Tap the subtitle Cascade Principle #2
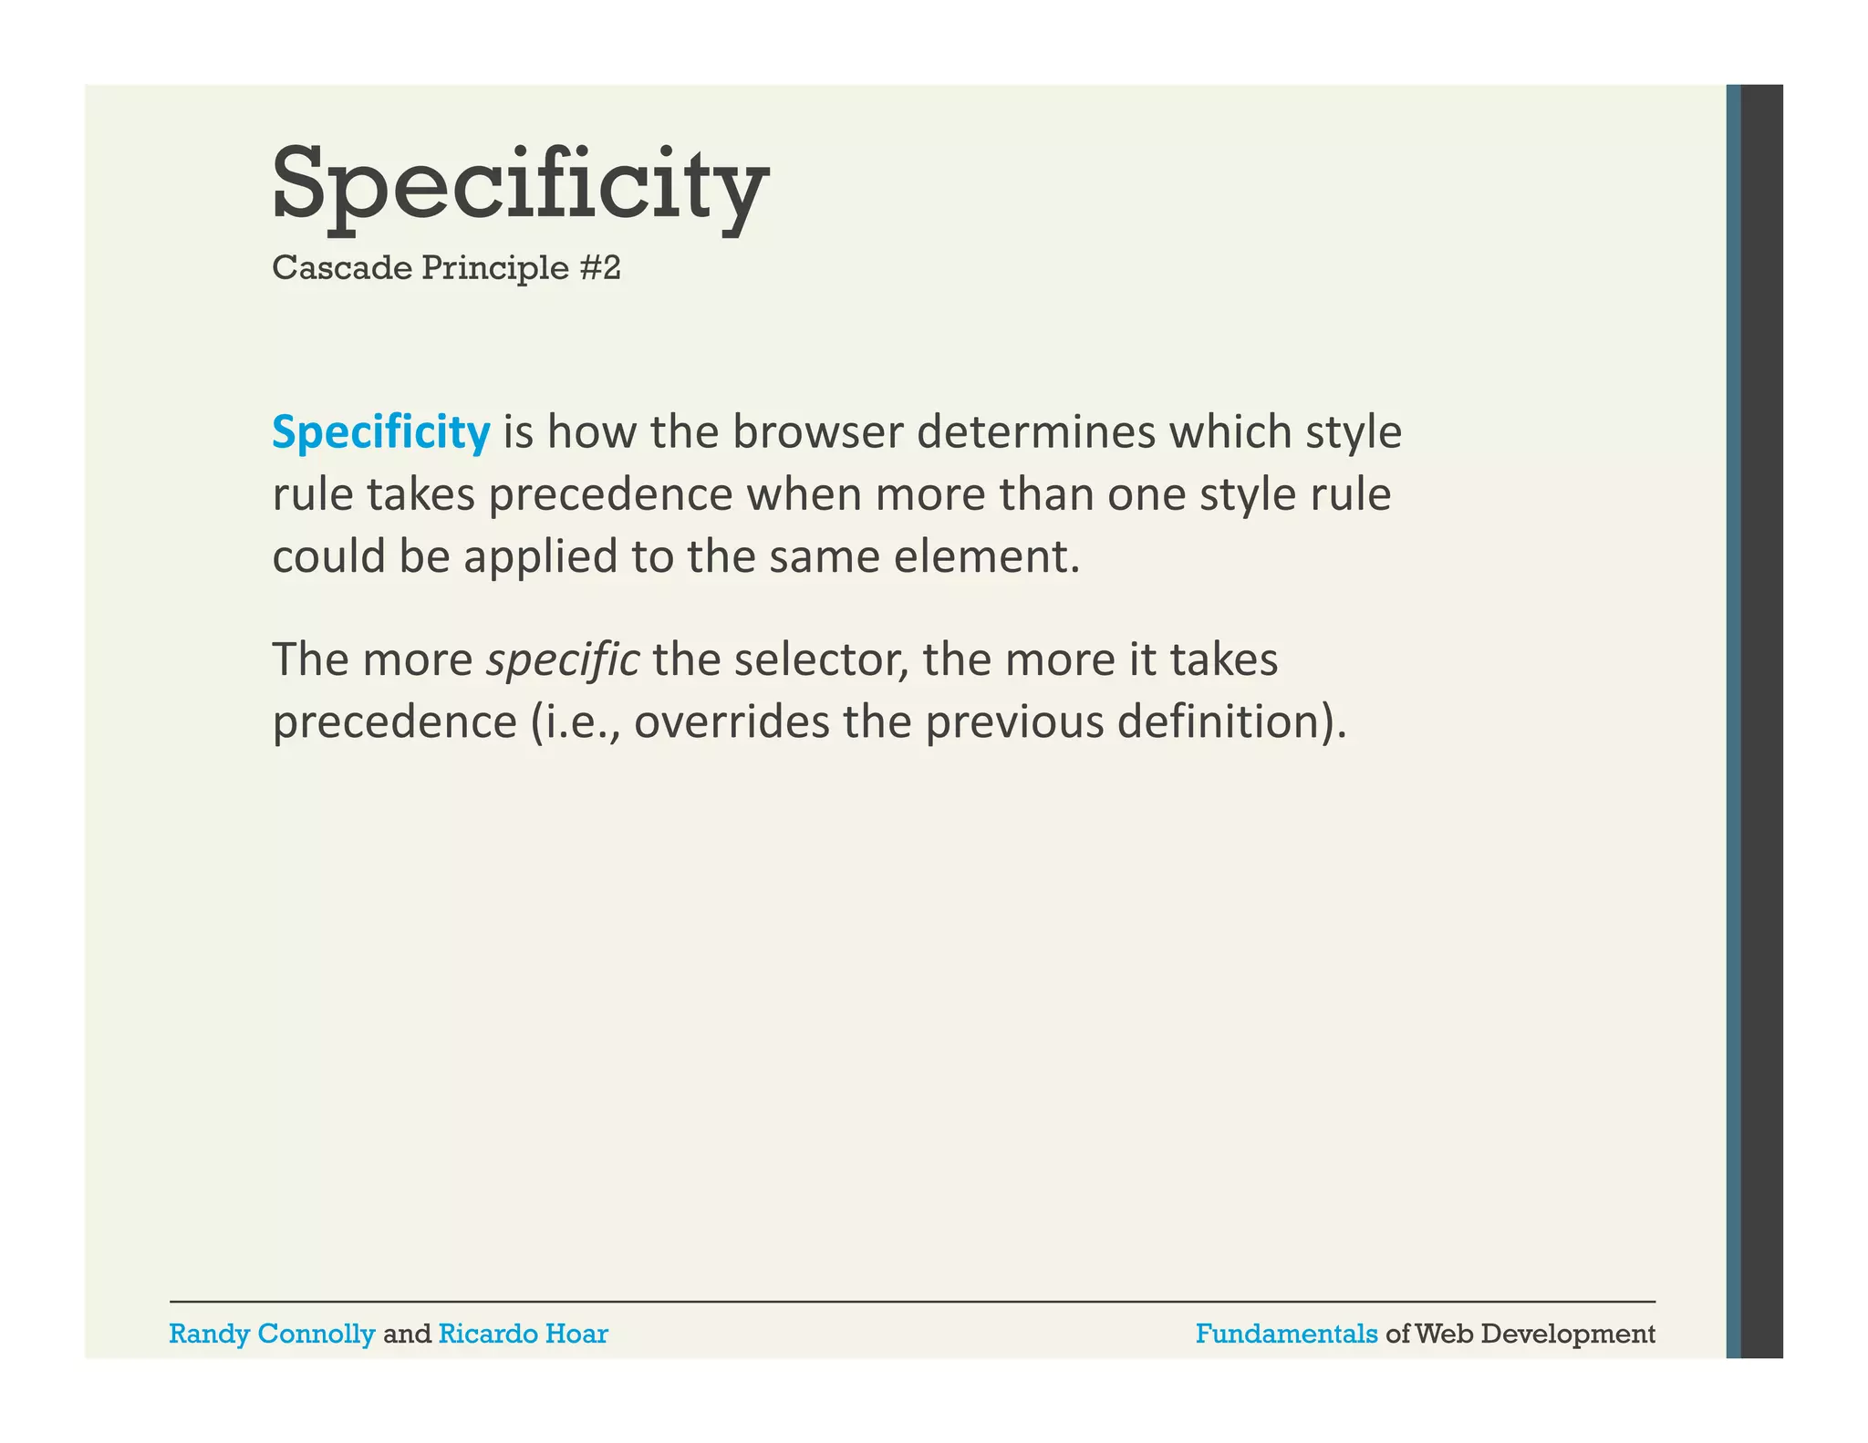click(x=446, y=268)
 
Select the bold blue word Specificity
click(x=380, y=432)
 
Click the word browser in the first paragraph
click(x=817, y=432)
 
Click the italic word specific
click(x=563, y=660)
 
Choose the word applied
click(x=541, y=557)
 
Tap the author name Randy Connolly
click(x=272, y=1334)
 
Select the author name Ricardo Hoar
click(x=523, y=1334)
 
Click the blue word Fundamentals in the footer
click(x=1286, y=1334)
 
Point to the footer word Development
click(x=1568, y=1334)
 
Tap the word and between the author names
click(x=407, y=1334)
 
